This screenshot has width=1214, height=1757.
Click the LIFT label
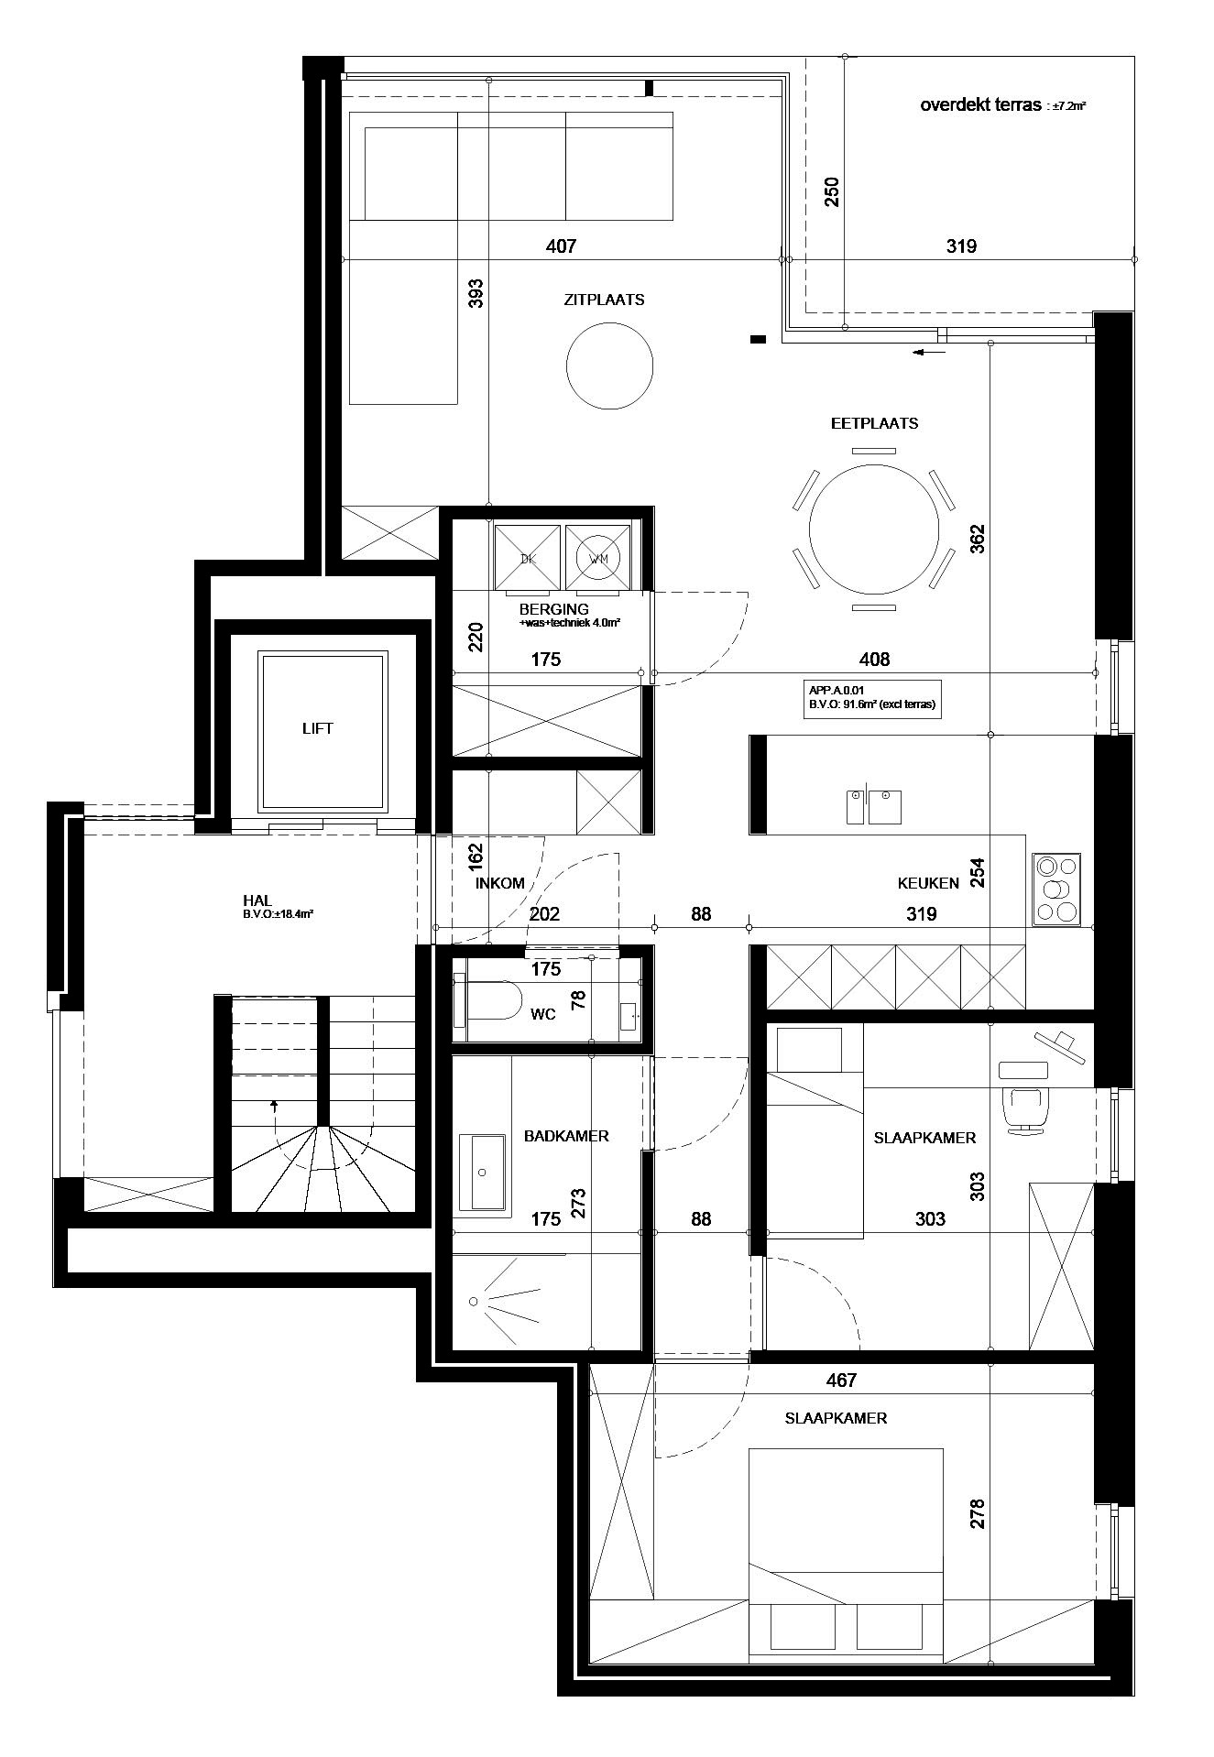pos(318,728)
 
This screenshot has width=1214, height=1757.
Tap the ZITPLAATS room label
pos(604,300)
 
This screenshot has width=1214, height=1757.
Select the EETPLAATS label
pos(874,423)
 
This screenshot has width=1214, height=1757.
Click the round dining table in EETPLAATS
pos(874,529)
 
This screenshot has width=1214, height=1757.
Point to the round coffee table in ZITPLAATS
pos(610,368)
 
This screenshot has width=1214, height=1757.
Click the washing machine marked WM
pos(598,557)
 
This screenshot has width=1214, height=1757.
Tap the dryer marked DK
pos(527,557)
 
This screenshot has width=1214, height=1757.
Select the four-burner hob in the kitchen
pos(1056,889)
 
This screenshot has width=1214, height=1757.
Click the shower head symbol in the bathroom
pos(474,1302)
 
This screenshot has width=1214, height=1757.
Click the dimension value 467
pos(841,1380)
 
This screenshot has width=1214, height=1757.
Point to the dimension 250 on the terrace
pos(832,192)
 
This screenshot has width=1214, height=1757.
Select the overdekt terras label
pos(981,105)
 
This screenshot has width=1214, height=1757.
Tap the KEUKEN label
pos(928,884)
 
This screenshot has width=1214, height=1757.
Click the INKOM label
pos(500,884)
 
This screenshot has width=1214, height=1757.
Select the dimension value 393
pos(476,293)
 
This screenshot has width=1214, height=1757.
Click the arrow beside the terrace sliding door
pos(929,351)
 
